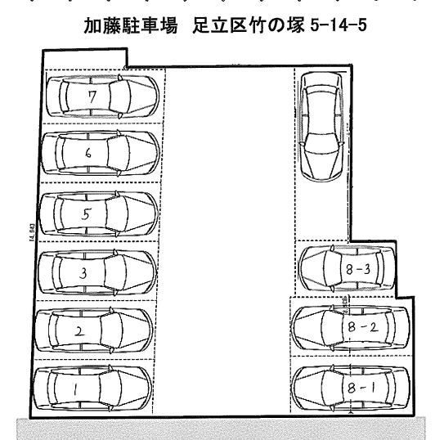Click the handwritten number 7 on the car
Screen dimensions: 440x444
[94, 97]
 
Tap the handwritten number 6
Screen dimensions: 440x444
[88, 151]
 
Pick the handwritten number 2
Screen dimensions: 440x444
[79, 331]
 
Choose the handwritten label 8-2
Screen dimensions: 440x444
[360, 326]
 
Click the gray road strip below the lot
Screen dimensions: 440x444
[221, 427]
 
